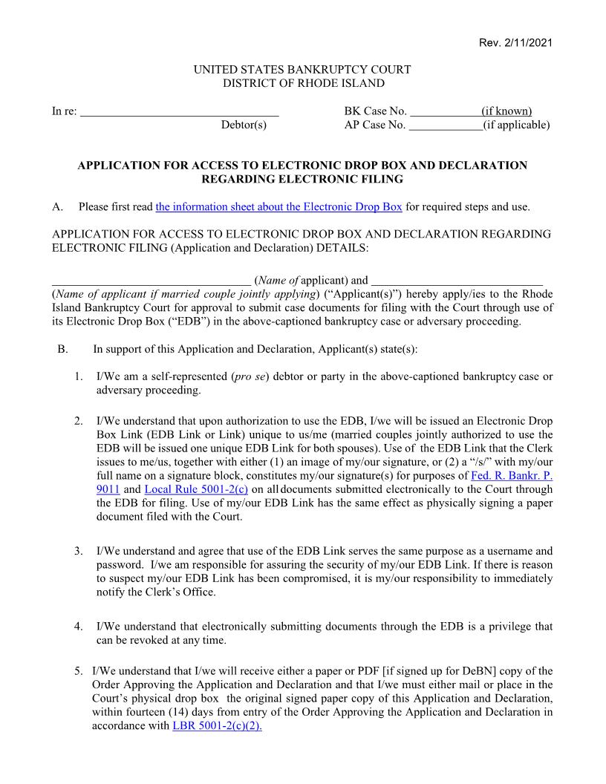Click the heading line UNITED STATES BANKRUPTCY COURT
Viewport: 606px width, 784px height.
tap(302, 70)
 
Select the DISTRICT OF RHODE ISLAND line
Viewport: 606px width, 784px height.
tap(303, 83)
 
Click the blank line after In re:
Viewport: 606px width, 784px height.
tap(179, 113)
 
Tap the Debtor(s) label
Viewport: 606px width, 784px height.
tap(244, 125)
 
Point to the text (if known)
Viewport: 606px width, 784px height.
tap(506, 111)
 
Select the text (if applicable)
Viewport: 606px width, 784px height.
tap(516, 125)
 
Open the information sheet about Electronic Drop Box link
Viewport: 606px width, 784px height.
tap(278, 206)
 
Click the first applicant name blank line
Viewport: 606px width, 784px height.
tap(151, 281)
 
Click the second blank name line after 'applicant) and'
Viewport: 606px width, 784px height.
tap(457, 281)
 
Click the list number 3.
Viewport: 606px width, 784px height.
tap(78, 551)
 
